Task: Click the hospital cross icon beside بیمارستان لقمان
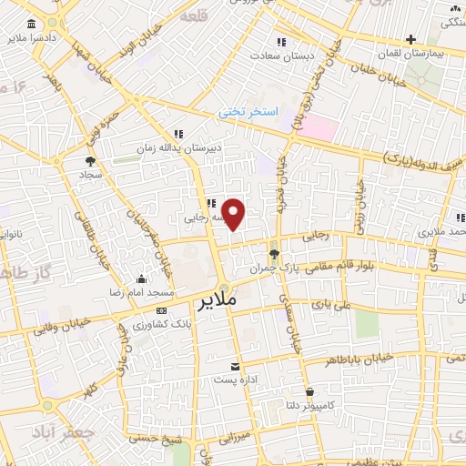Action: tap(411, 39)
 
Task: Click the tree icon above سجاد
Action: tap(88, 160)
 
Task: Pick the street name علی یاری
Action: tap(329, 307)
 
